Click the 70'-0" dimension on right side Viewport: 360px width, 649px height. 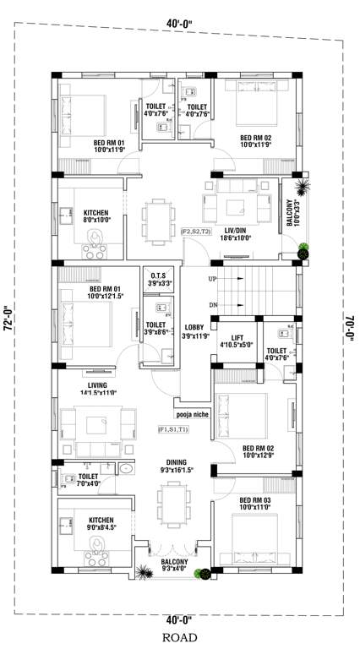click(x=351, y=325)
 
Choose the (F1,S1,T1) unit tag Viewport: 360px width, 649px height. click(x=173, y=429)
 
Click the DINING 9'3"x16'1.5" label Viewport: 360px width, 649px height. click(x=173, y=466)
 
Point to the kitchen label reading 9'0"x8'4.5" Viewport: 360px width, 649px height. click(x=95, y=526)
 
